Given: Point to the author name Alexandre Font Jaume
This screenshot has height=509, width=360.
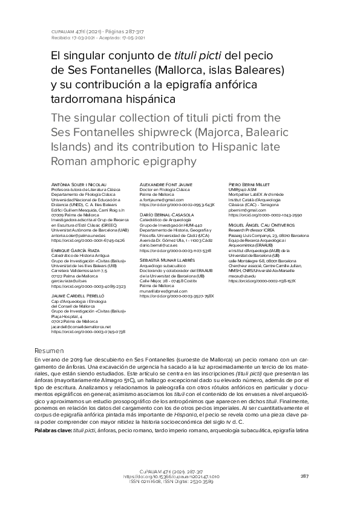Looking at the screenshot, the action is click(166, 183).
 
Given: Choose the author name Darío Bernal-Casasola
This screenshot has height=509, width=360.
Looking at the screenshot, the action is click(166, 215).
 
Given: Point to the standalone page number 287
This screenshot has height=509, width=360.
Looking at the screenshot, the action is click(305, 476).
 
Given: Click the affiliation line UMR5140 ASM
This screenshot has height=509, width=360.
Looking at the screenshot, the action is click(244, 189).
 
